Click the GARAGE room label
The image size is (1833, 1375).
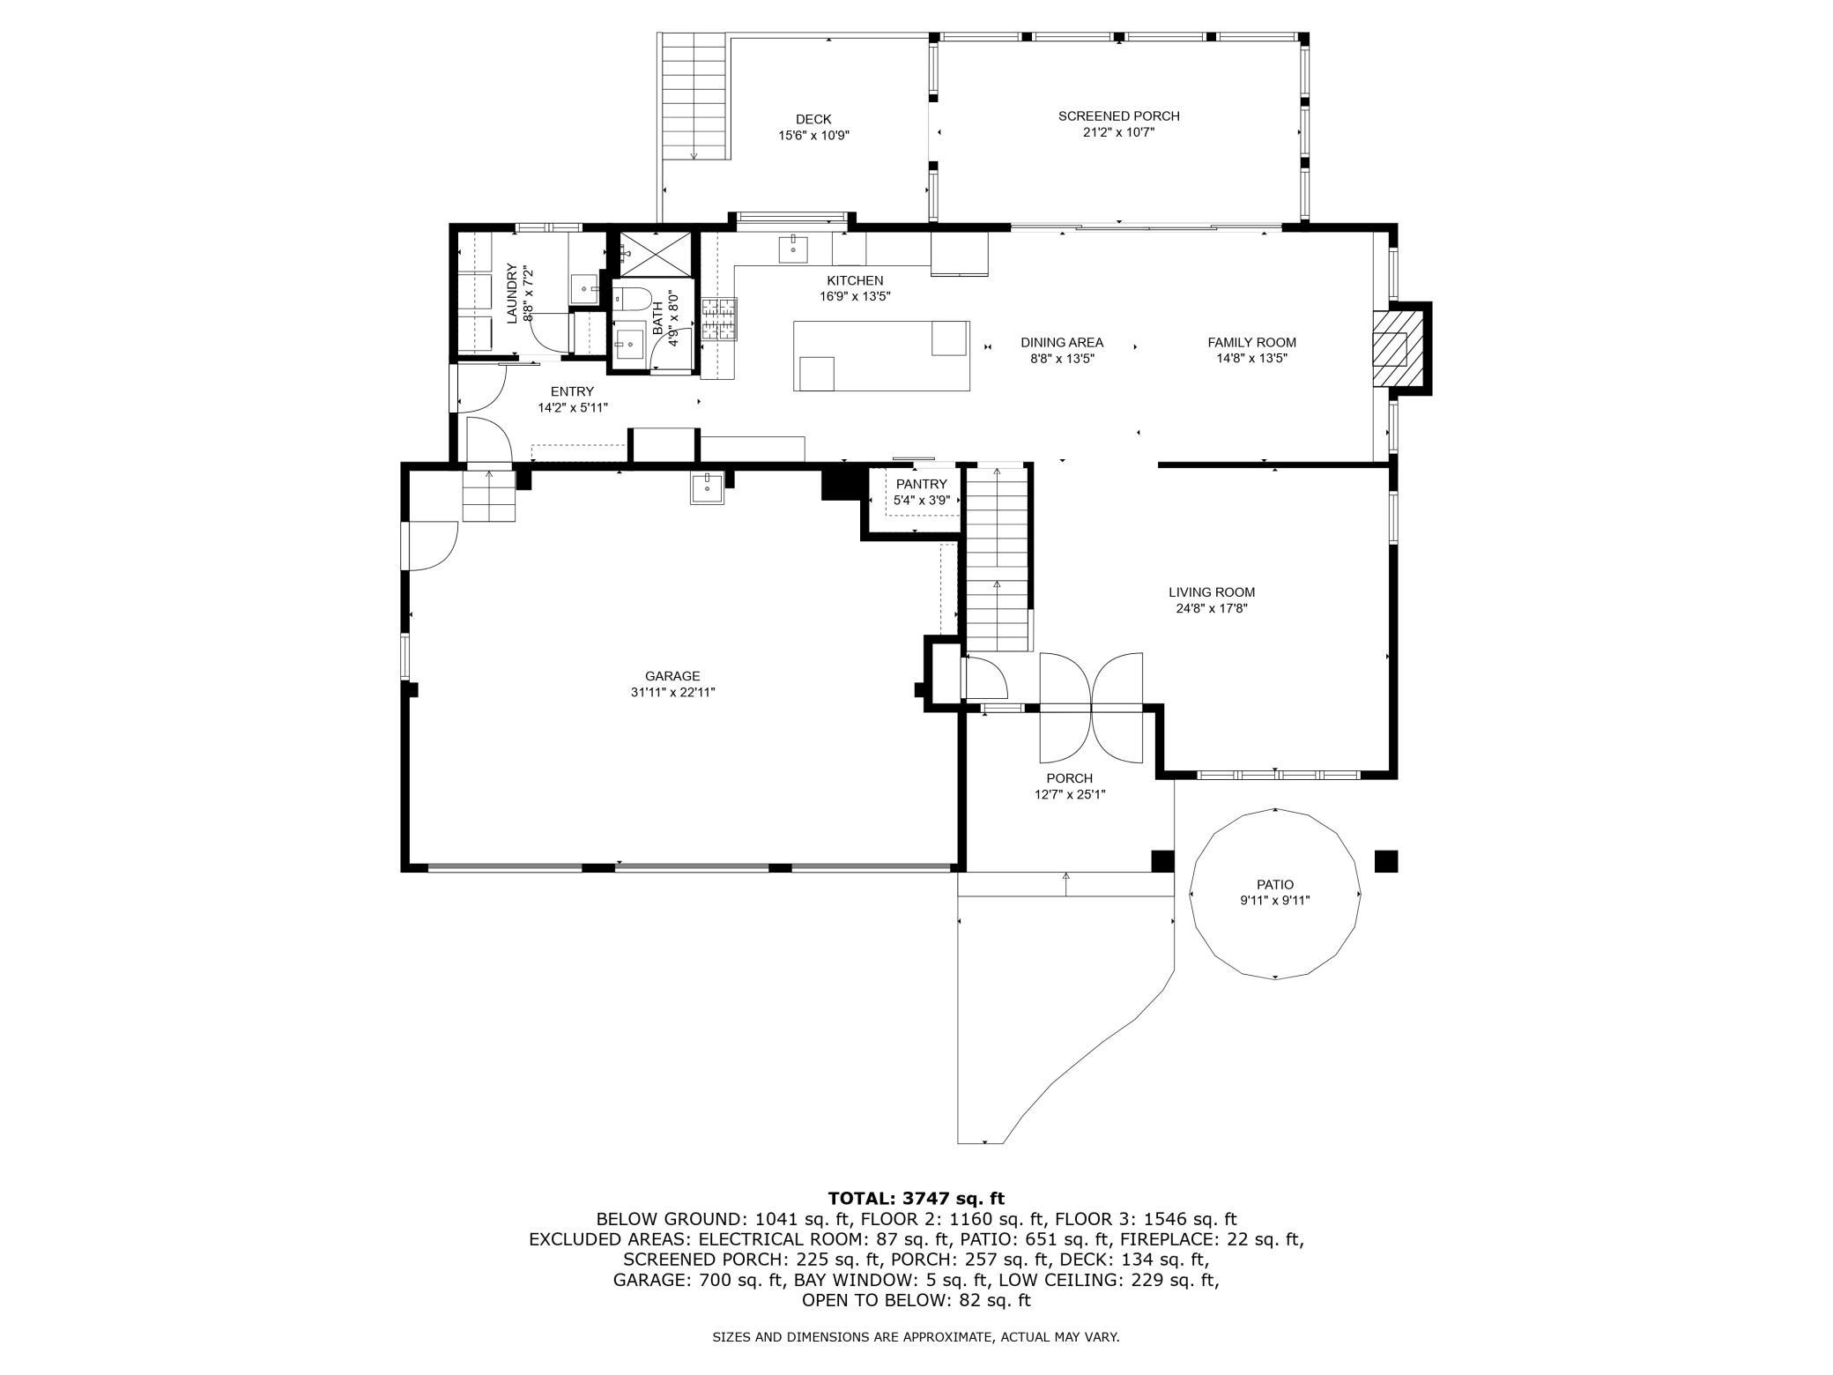point(672,676)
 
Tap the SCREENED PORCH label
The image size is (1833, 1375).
point(1118,115)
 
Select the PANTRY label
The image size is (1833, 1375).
point(921,484)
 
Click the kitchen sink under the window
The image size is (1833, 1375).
point(793,249)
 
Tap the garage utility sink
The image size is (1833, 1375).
point(707,487)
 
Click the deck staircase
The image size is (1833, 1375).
point(694,96)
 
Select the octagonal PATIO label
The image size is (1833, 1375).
point(1275,884)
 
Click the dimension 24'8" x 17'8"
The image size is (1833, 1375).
point(1212,608)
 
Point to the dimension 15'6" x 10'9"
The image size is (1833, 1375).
point(813,136)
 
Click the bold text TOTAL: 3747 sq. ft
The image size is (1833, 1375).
point(916,1198)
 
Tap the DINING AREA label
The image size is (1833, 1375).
point(1062,342)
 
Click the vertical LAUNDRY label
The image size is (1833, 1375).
point(510,294)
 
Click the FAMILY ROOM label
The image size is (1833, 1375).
point(1251,342)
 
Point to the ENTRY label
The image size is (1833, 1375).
point(572,391)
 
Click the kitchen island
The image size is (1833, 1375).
point(881,355)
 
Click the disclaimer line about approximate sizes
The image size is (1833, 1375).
point(916,1337)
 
